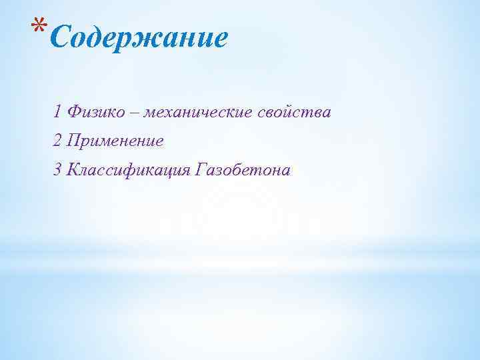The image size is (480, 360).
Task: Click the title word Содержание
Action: [x=139, y=38]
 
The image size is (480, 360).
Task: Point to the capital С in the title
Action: [x=59, y=38]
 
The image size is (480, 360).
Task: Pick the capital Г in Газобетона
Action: [x=201, y=171]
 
